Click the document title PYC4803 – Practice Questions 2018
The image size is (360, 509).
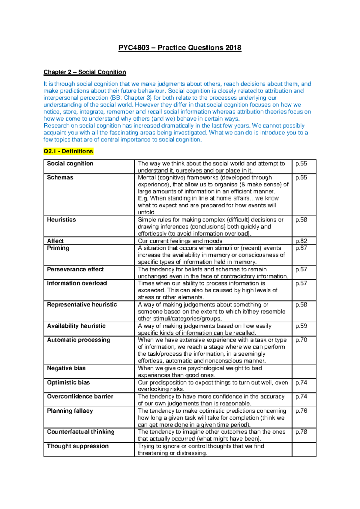tap(180, 48)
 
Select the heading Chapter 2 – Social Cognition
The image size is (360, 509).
tap(85, 72)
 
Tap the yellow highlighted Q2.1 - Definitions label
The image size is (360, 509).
tap(68, 151)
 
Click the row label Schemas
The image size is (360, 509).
tap(60, 177)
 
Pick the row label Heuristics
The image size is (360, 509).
tap(61, 220)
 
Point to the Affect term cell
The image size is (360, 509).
tap(55, 241)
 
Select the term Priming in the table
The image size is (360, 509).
tap(58, 248)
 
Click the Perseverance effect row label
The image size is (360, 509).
tap(75, 269)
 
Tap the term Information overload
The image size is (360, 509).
tap(77, 283)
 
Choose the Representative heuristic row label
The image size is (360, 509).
tap(82, 304)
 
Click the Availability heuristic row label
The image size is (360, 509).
tap(76, 326)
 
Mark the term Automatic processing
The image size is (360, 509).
tap(79, 340)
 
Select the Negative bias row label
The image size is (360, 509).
tap(66, 368)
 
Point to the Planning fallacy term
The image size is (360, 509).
tap(70, 411)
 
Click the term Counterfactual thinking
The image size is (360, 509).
tap(81, 432)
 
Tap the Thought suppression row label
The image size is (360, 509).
tap(78, 446)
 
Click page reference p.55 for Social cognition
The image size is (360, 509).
tap(301, 164)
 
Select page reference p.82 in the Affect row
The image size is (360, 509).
tap(301, 241)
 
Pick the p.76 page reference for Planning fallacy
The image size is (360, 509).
tap(301, 411)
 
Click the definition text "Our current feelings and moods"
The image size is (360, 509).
tap(180, 241)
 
